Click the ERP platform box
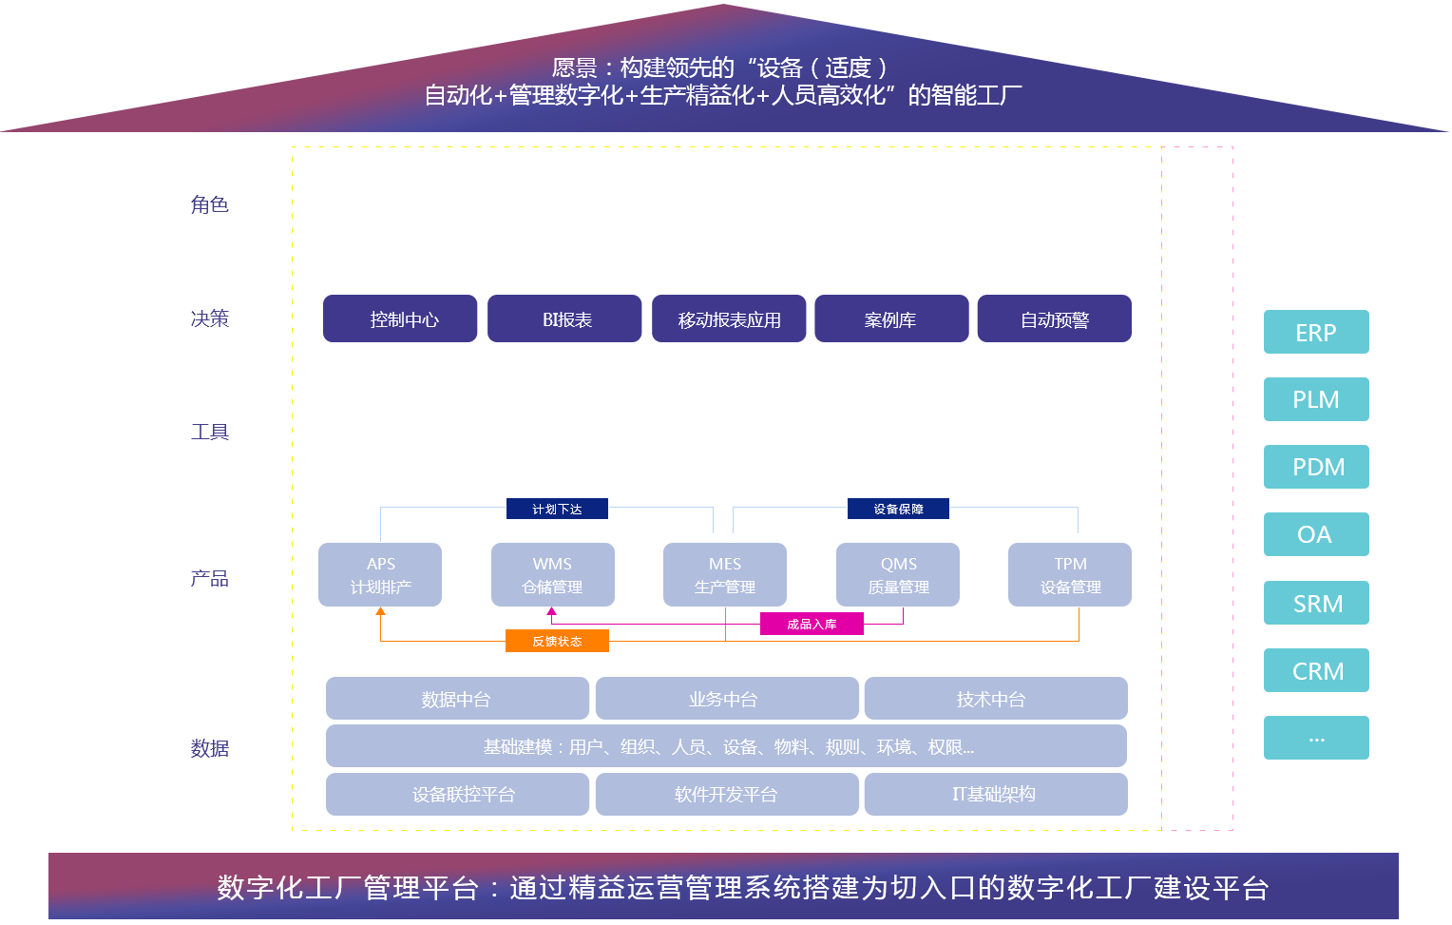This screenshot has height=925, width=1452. [x=1315, y=332]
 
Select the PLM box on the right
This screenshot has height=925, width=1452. [x=1315, y=399]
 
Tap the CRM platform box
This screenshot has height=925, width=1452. [x=1315, y=670]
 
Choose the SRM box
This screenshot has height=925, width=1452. [x=1315, y=603]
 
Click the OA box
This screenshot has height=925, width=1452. [x=1315, y=534]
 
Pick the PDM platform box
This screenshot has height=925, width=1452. [x=1315, y=467]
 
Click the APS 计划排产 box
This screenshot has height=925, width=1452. [x=379, y=574]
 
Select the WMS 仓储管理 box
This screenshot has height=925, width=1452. [x=552, y=574]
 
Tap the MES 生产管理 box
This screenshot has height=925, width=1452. [x=724, y=574]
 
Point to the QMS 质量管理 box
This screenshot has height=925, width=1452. [x=897, y=574]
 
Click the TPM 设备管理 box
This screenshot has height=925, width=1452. [x=1069, y=574]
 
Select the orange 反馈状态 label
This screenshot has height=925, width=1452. [x=557, y=641]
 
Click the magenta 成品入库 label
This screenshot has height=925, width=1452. [x=812, y=624]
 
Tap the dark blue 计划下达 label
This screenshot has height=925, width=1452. [x=557, y=509]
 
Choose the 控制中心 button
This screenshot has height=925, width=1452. [x=400, y=318]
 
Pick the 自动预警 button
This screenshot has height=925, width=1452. [x=1054, y=318]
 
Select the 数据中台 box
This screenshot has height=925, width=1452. [x=457, y=699]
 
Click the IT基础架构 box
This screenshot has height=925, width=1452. [x=995, y=794]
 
